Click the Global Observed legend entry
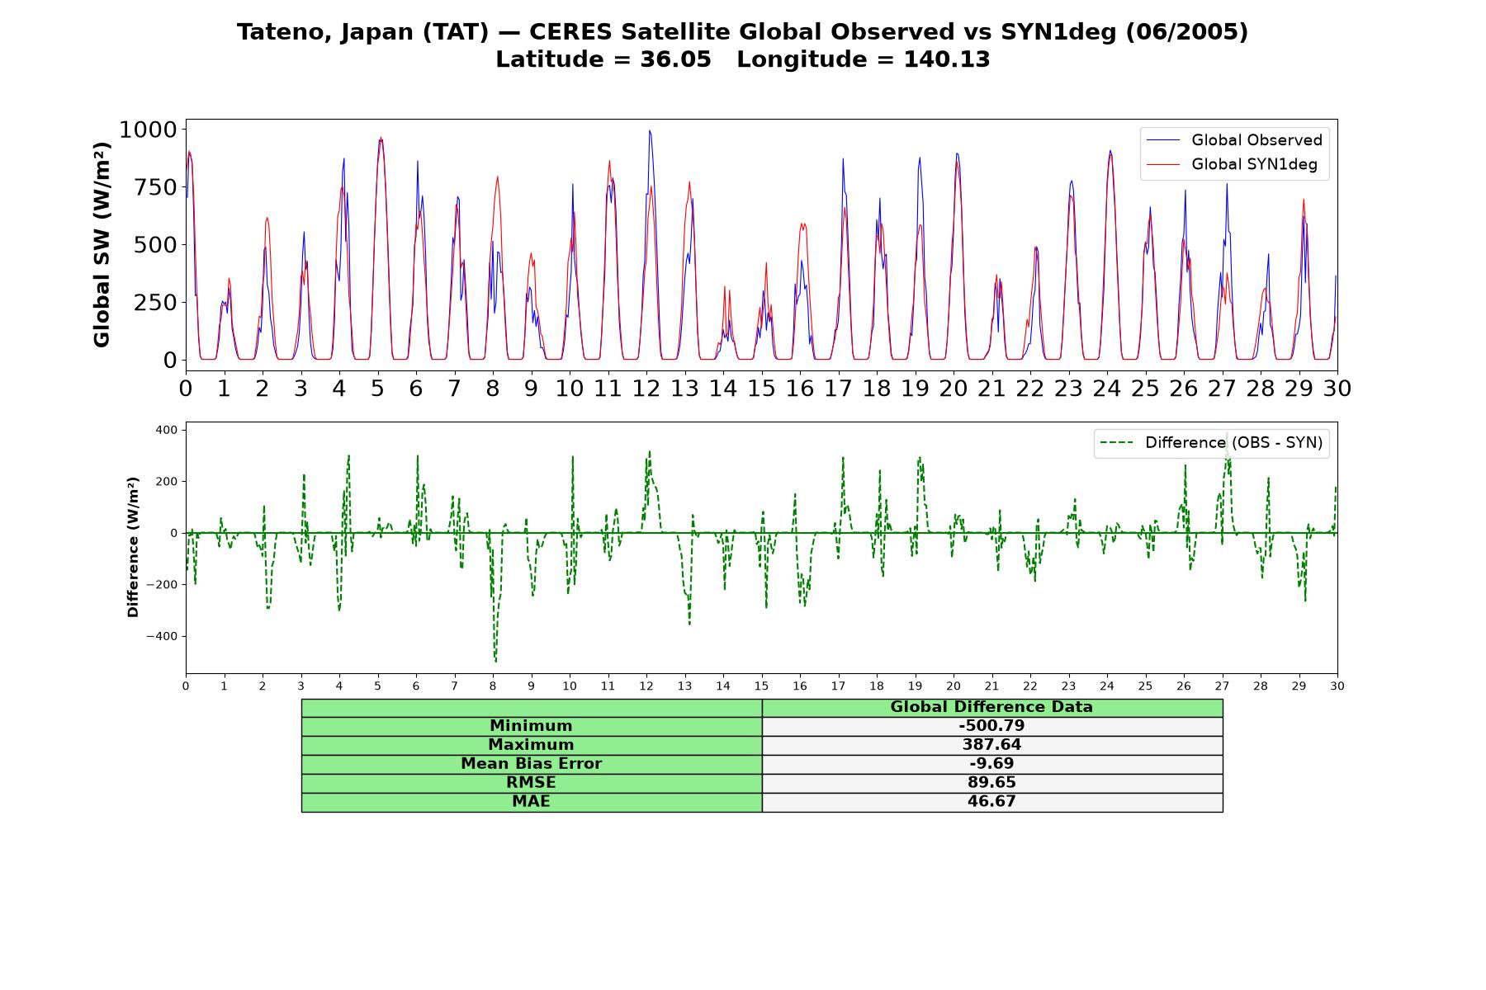coord(1234,140)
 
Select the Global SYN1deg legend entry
coord(1234,164)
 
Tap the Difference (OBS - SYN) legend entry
coord(1212,443)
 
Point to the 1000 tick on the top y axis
coord(148,130)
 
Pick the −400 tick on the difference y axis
coord(162,636)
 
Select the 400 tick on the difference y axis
coord(166,430)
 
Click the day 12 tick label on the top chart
coord(646,388)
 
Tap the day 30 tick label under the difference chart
coord(1337,686)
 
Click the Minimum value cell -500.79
coord(991,726)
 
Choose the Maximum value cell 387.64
coord(991,745)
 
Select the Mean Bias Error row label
coord(531,764)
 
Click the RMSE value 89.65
coord(991,783)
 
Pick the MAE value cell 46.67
coord(991,802)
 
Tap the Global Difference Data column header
coord(991,707)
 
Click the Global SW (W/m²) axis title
coord(102,245)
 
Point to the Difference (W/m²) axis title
coord(133,547)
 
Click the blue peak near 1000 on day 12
coord(650,130)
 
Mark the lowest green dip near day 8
coord(495,662)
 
